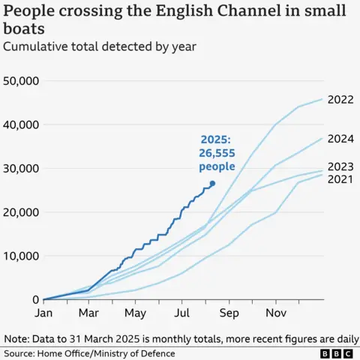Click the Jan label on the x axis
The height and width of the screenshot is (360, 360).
(x=44, y=313)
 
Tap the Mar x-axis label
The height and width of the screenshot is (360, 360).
(x=89, y=313)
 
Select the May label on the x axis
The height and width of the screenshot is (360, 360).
(x=136, y=313)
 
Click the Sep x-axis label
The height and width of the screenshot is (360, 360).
(x=229, y=313)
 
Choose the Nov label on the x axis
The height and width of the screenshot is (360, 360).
(x=276, y=313)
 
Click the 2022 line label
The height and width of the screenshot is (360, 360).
(x=341, y=100)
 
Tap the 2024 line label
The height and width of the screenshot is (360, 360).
(x=341, y=138)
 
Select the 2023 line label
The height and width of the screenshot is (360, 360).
(x=341, y=167)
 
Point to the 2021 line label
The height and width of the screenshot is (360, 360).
(x=341, y=181)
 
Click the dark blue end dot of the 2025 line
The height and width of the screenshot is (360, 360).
(x=212, y=184)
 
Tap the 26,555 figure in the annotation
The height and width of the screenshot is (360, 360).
(x=217, y=152)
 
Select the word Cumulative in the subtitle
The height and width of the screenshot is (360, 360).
(x=35, y=47)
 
